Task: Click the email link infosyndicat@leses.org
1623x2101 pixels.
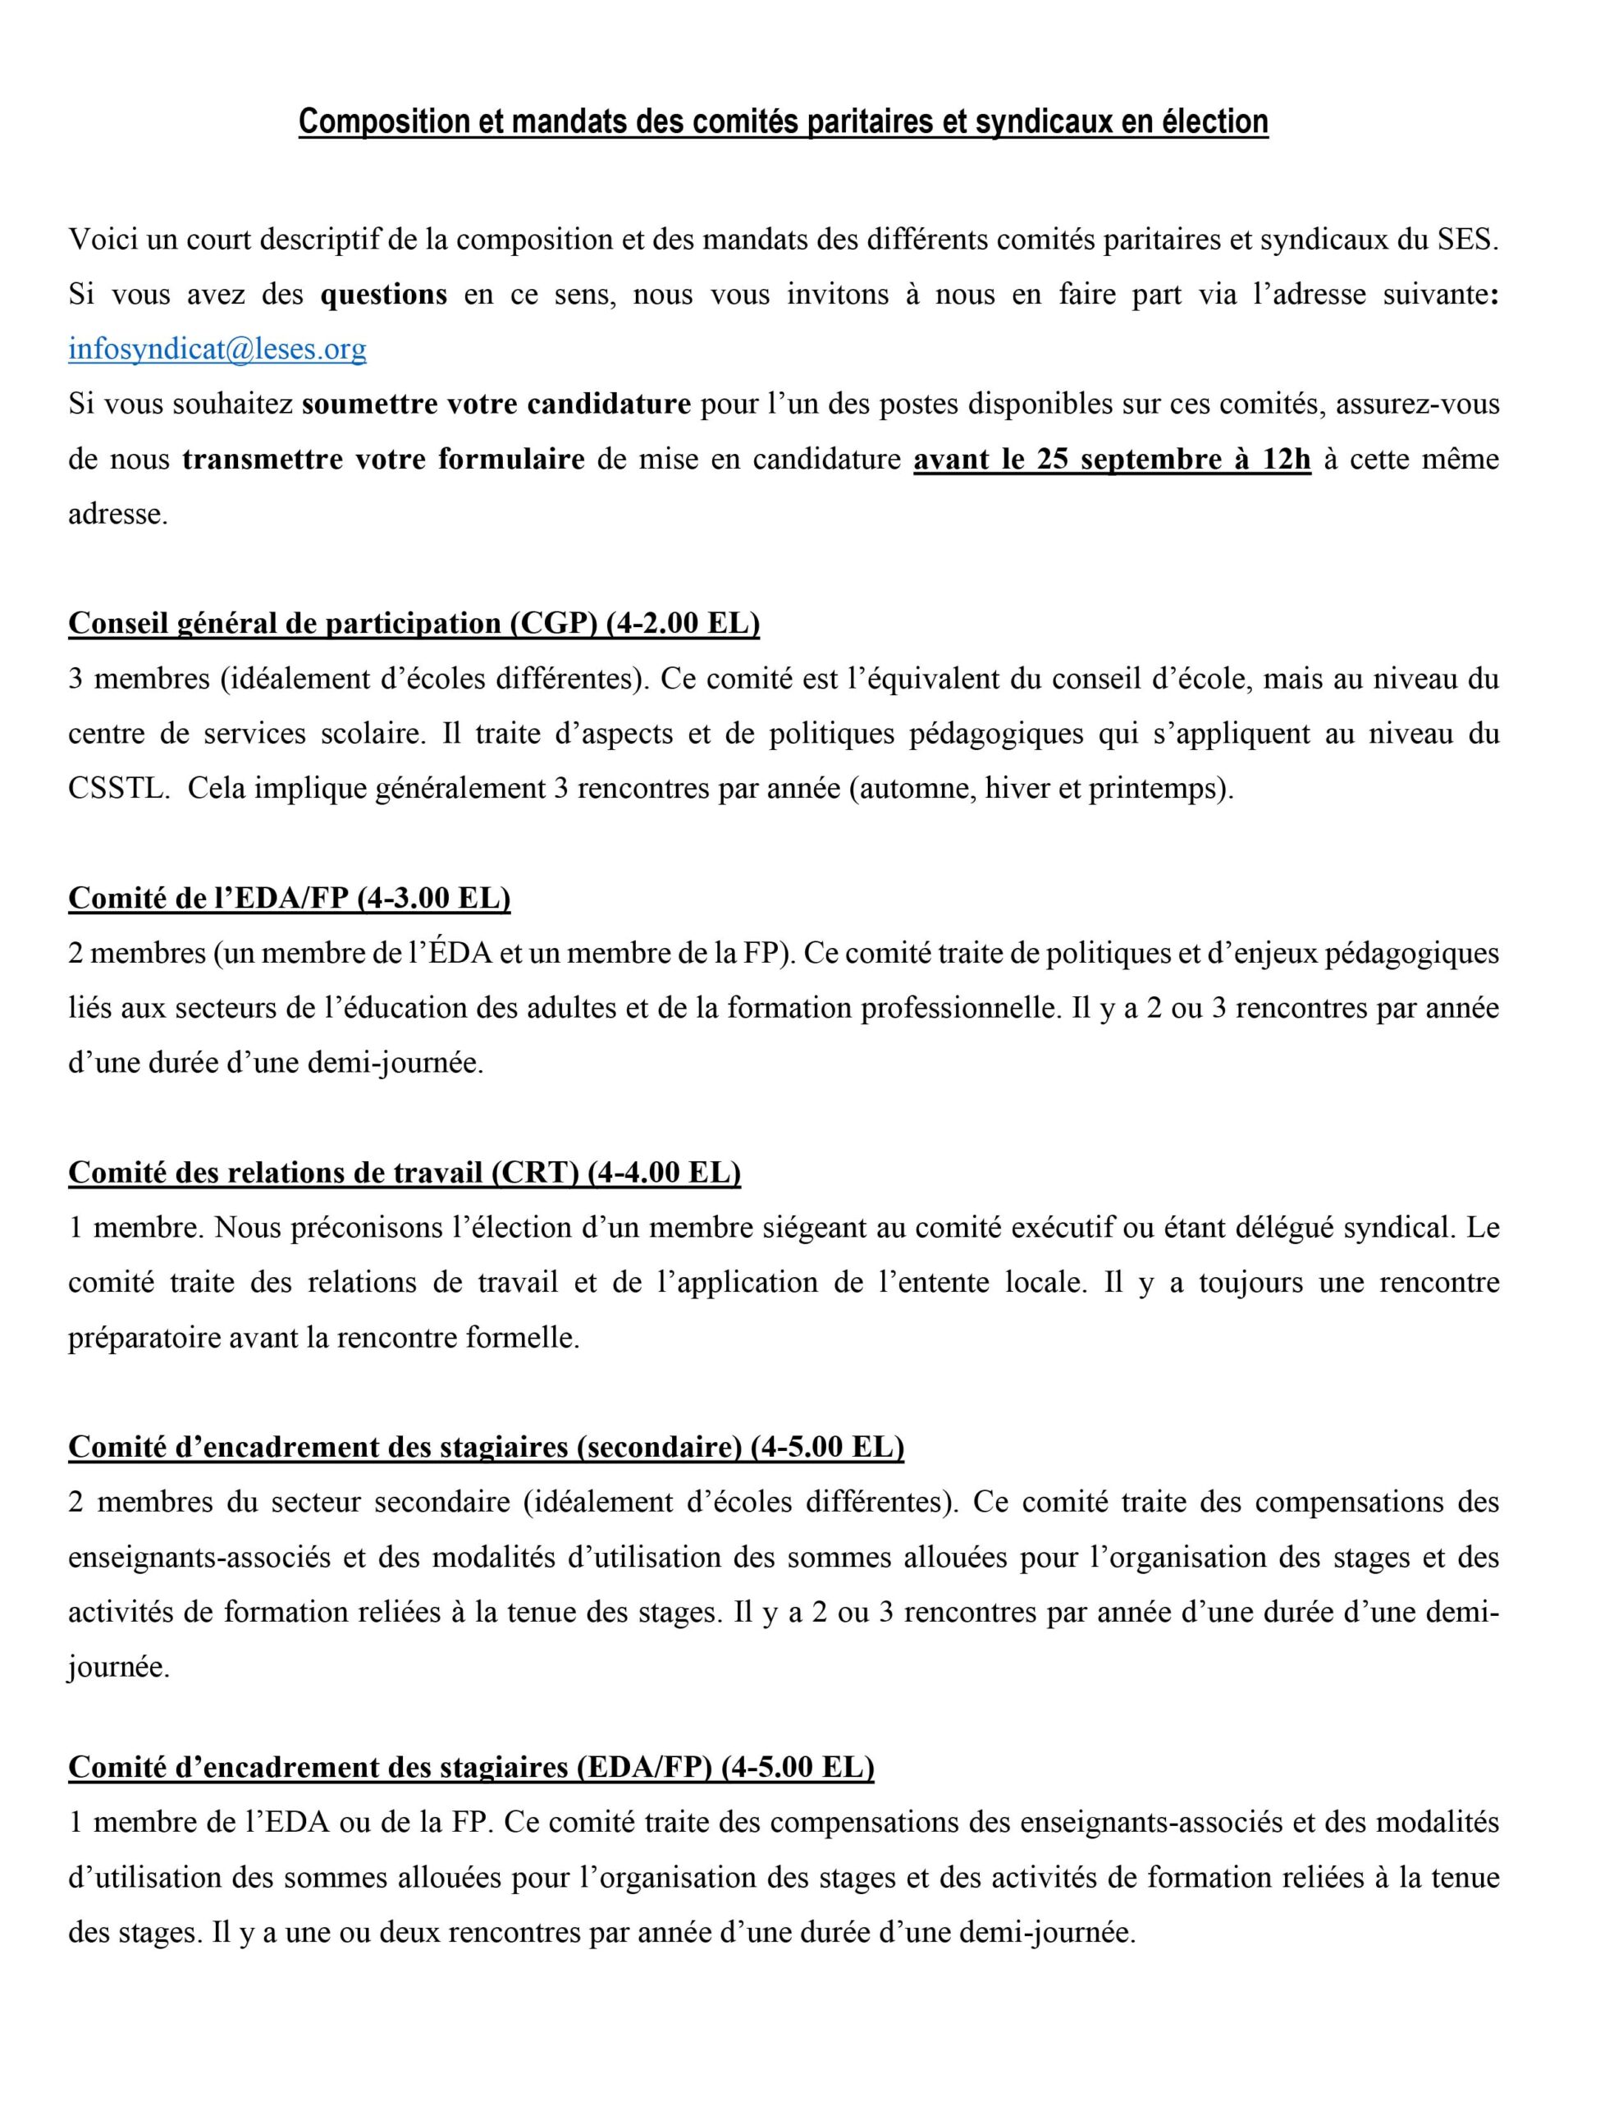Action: [217, 348]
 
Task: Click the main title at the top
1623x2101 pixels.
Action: [782, 122]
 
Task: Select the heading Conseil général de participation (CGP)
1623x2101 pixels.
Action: [414, 624]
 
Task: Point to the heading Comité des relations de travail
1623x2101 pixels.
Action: [404, 1173]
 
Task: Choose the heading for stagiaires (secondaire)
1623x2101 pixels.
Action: [486, 1447]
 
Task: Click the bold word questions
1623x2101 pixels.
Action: [383, 295]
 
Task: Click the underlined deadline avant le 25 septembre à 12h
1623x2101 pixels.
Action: [1111, 459]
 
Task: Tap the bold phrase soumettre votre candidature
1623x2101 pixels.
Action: [496, 404]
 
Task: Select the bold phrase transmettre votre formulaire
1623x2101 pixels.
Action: [383, 459]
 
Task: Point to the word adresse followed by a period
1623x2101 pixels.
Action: [117, 514]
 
